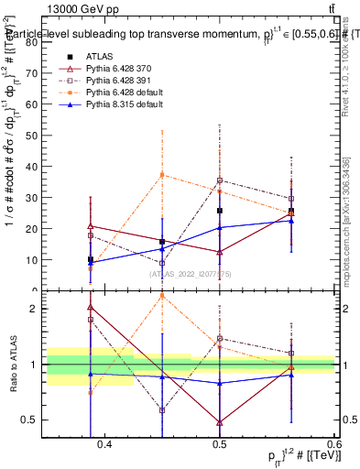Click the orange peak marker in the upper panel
click(162, 174)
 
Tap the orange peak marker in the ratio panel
click(162, 295)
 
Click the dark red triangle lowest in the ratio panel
click(220, 422)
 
